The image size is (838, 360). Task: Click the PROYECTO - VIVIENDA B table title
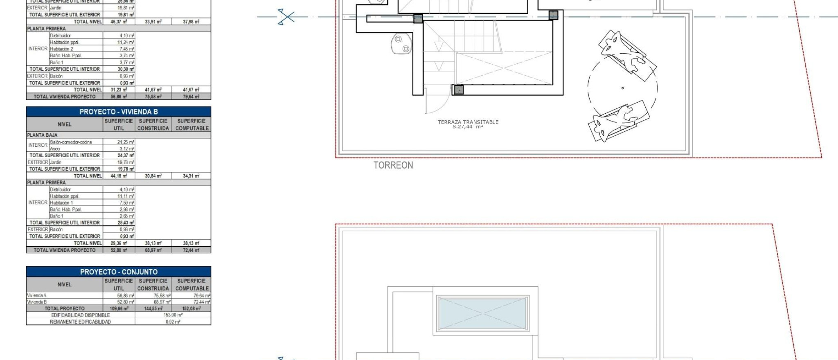click(x=118, y=112)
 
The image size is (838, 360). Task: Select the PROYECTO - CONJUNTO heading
click(x=118, y=272)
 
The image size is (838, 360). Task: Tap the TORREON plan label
click(x=393, y=165)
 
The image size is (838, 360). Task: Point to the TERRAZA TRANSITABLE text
click(x=468, y=122)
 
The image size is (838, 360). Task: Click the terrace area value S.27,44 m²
click(x=468, y=127)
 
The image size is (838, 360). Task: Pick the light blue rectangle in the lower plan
click(x=482, y=313)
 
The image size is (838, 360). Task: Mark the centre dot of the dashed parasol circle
click(x=622, y=88)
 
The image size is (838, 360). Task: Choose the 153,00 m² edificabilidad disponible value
click(x=173, y=315)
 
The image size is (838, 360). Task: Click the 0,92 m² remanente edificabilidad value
click(x=173, y=322)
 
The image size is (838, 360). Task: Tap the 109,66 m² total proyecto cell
click(x=119, y=308)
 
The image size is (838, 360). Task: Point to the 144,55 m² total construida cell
click(x=153, y=308)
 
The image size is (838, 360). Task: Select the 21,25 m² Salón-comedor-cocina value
click(x=126, y=142)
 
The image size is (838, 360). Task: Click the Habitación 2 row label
click(x=61, y=49)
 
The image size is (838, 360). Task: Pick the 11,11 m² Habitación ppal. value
click(x=126, y=196)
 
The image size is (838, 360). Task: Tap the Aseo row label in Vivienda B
click(x=55, y=149)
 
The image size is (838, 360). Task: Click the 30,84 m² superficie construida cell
click(x=153, y=176)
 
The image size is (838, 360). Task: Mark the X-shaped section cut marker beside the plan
click(x=286, y=17)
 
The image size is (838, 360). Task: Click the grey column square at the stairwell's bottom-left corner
click(x=458, y=90)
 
